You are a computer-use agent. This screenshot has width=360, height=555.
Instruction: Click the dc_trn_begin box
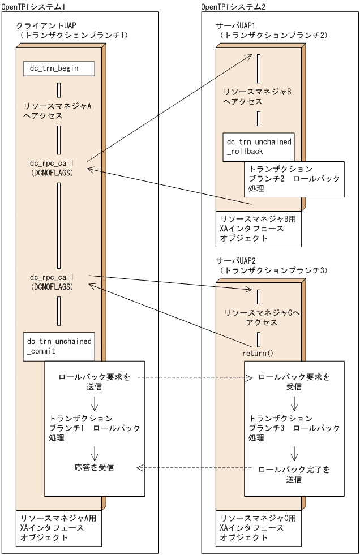tap(59, 68)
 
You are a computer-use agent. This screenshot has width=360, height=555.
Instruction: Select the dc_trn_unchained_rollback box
tap(259, 147)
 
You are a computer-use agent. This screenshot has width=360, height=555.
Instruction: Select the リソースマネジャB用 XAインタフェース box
tap(259, 227)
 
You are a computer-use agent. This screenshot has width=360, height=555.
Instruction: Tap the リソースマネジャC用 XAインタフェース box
tap(259, 528)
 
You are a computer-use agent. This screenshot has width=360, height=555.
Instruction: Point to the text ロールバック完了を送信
tap(294, 474)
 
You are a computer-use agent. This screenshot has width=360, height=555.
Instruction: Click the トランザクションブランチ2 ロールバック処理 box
tap(294, 179)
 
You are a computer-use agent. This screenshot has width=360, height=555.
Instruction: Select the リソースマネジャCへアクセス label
tap(258, 317)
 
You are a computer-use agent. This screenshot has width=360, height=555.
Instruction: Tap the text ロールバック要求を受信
tap(294, 382)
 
